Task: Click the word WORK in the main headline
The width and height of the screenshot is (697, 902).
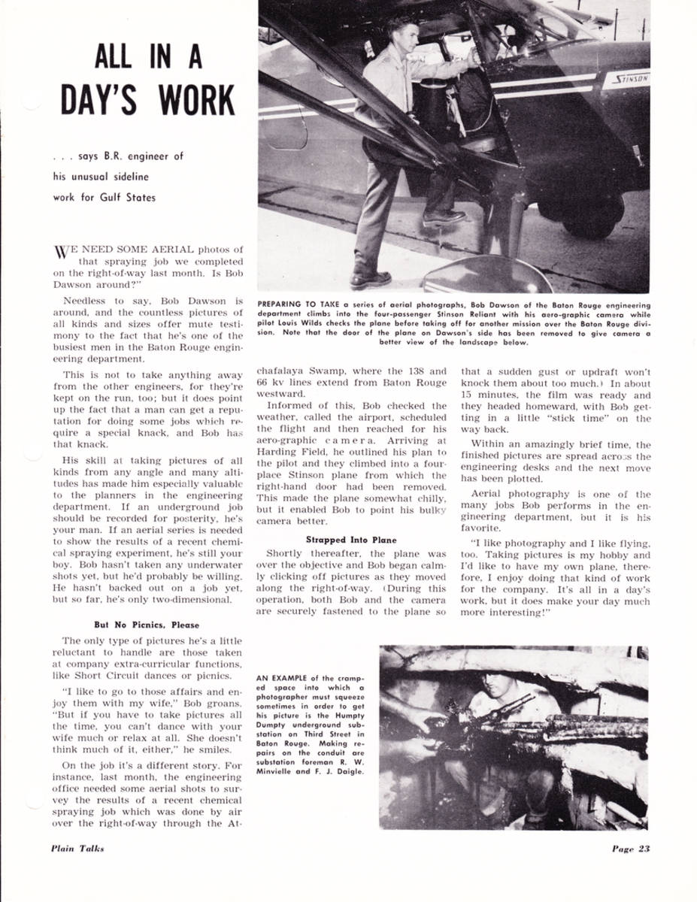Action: click(191, 101)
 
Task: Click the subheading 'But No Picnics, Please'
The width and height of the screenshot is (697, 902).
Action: click(146, 625)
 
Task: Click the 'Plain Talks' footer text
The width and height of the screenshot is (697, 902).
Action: click(77, 849)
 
